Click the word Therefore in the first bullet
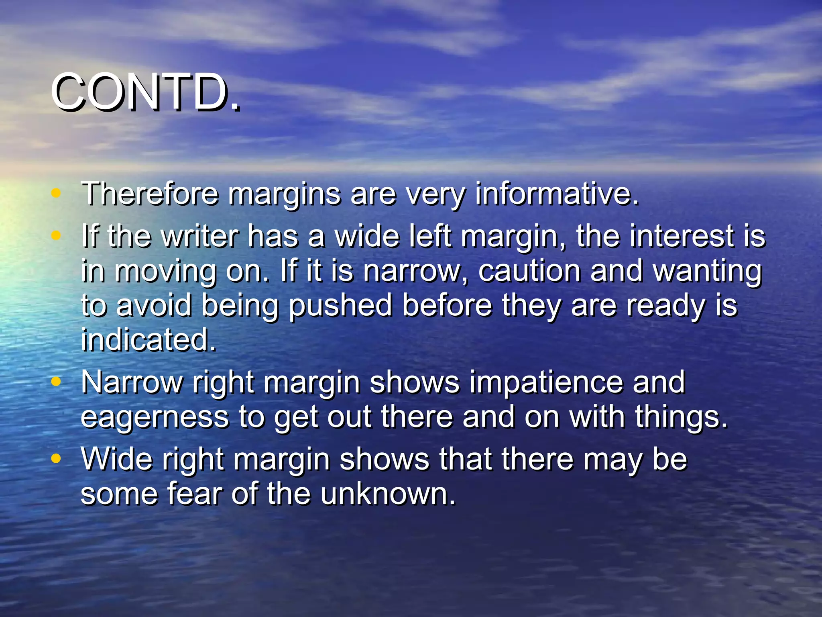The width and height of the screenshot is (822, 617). [150, 194]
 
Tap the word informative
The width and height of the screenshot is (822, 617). [556, 194]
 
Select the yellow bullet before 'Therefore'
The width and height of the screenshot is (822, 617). [56, 193]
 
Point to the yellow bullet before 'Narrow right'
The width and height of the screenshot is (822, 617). [56, 381]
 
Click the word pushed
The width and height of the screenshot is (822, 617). [340, 306]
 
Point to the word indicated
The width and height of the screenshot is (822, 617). [149, 340]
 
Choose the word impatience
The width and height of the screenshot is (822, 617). [546, 383]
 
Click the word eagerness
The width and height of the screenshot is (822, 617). [155, 417]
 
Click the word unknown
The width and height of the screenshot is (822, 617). [388, 494]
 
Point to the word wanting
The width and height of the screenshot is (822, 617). [707, 272]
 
